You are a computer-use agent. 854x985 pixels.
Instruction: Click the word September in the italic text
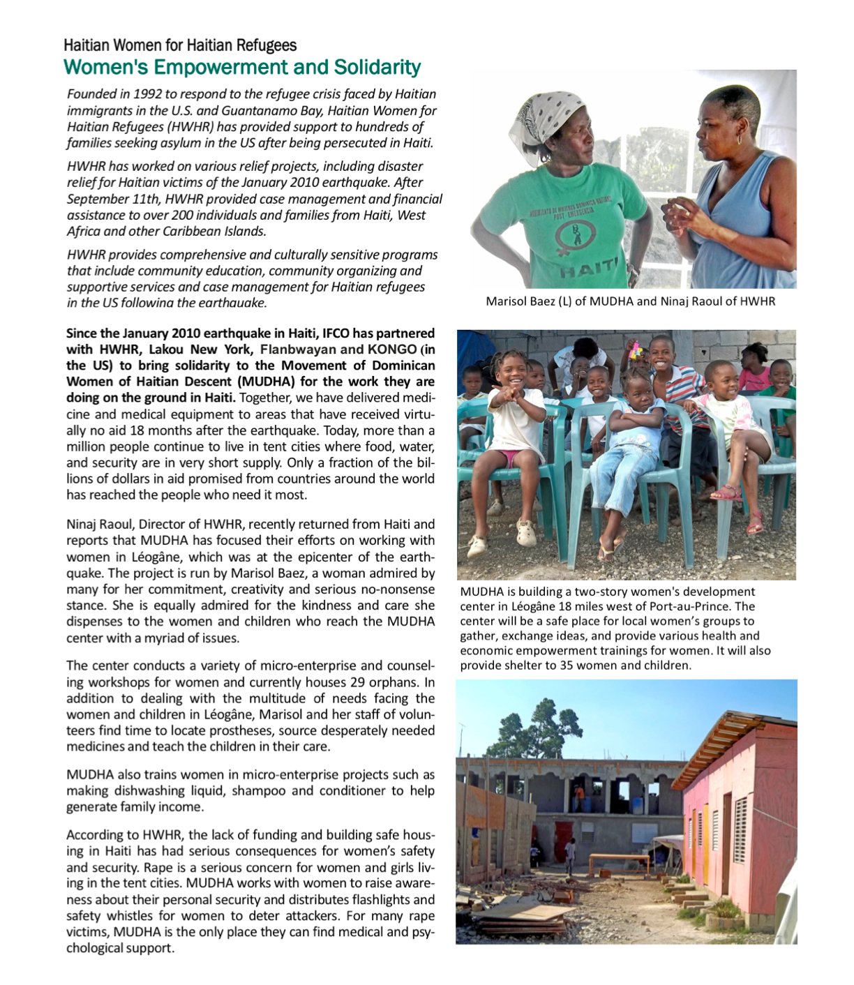point(97,199)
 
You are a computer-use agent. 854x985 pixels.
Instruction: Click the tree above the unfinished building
point(537,725)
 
